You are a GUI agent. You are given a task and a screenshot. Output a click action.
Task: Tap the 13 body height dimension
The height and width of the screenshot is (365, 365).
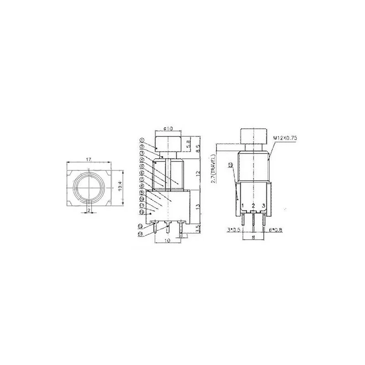point(197,206)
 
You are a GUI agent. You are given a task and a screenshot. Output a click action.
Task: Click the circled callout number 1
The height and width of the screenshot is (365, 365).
point(142,140)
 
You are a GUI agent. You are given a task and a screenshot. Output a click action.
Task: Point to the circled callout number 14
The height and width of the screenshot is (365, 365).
point(140,234)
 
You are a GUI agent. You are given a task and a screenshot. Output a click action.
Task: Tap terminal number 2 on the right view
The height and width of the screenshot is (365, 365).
point(253,206)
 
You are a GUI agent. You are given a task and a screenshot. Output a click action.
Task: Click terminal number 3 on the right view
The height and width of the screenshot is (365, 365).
point(264,206)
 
